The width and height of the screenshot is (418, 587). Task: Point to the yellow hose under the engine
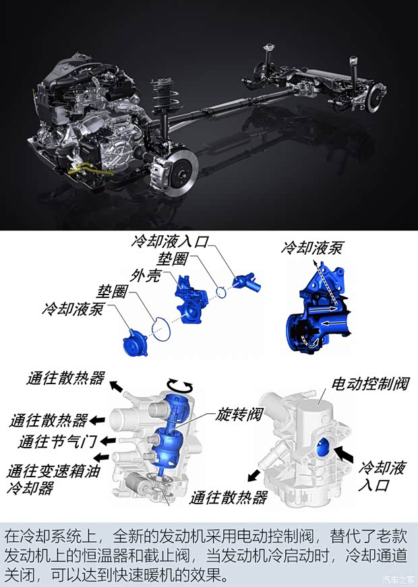pyautogui.click(x=90, y=171)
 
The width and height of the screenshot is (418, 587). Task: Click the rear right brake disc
pyautogui.click(x=376, y=98)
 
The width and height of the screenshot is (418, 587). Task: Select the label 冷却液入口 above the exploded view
pyautogui.click(x=169, y=242)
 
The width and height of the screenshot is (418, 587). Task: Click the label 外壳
pyautogui.click(x=146, y=276)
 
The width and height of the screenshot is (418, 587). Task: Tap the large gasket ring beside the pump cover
pyautogui.click(x=161, y=330)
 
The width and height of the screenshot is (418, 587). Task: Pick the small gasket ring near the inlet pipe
pyautogui.click(x=221, y=292)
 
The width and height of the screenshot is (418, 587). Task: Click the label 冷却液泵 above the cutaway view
pyautogui.click(x=311, y=248)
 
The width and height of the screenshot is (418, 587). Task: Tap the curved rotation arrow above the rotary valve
pyautogui.click(x=180, y=385)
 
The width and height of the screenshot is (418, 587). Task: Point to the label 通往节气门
pyautogui.click(x=58, y=441)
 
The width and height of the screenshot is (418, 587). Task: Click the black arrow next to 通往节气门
pyautogui.click(x=108, y=441)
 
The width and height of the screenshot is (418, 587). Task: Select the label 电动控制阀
pyautogui.click(x=370, y=383)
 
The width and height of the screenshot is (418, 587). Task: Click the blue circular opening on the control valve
pyautogui.click(x=323, y=447)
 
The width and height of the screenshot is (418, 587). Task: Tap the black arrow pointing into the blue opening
pyautogui.click(x=343, y=454)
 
